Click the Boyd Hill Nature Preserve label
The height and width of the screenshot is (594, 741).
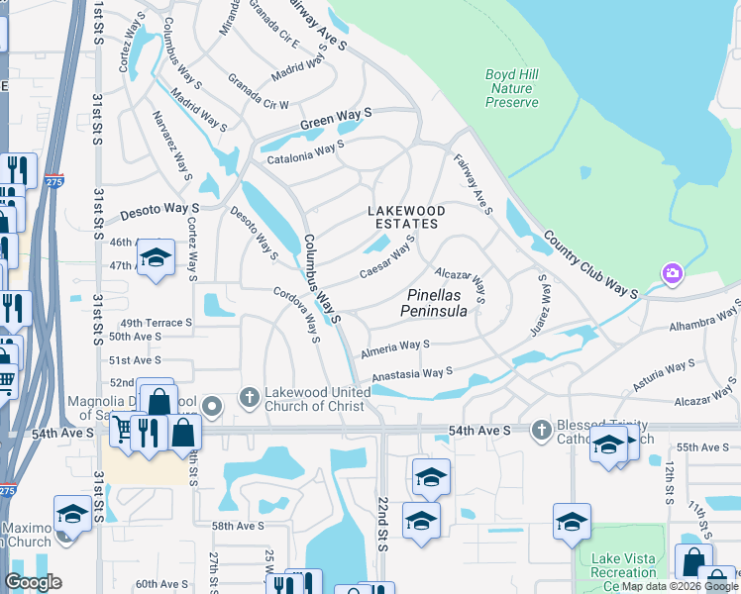coord(512,88)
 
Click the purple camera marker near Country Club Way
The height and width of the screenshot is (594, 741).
coord(673,272)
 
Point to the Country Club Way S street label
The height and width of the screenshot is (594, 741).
coord(589,264)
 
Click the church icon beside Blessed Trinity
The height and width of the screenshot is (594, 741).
coord(541,430)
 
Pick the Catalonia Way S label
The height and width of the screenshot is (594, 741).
coord(303,150)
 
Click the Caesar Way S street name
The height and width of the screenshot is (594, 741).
coord(386,256)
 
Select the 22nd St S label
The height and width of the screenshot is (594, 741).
coord(381,525)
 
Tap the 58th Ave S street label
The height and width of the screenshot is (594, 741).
coord(238,527)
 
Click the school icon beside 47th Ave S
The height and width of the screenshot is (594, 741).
coord(156,259)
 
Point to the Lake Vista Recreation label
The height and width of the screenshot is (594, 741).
coord(623,565)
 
